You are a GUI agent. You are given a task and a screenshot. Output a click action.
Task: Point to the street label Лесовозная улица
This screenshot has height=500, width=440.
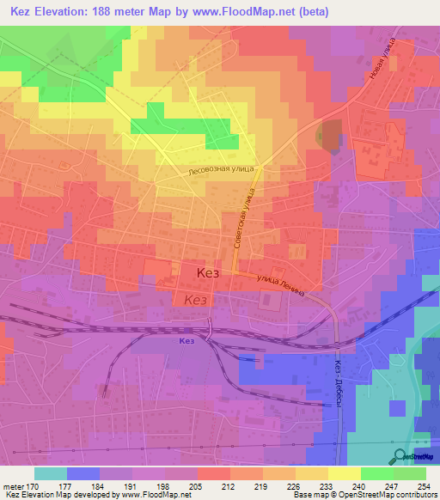click(x=221, y=171)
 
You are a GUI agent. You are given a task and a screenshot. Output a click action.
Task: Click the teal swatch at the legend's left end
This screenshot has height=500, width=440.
click(x=51, y=473)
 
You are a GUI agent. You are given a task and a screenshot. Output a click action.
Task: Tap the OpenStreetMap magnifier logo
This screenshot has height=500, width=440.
click(x=400, y=457)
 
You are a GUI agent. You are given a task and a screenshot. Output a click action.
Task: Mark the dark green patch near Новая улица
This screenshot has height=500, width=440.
click(x=330, y=134)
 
